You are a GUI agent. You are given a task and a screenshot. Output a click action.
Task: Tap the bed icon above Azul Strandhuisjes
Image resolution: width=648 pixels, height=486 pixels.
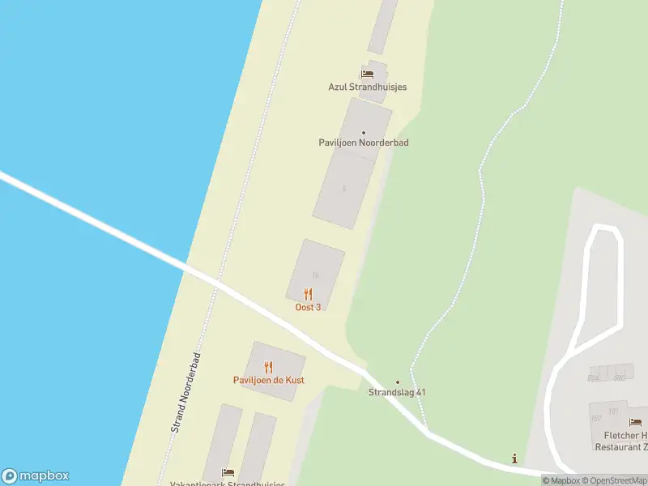coord(367,74)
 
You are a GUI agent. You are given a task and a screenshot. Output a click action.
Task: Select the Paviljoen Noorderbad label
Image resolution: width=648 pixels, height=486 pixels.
coord(363,143)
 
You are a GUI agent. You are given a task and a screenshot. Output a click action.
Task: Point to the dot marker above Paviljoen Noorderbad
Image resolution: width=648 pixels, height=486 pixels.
coord(363,132)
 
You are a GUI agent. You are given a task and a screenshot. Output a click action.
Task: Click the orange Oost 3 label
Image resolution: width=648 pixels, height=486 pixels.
coord(308,307)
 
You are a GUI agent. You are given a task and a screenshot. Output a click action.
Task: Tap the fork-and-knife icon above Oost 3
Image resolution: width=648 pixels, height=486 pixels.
coord(308,294)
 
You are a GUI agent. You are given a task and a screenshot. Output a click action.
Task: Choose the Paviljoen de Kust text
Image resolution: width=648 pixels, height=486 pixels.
coord(268,380)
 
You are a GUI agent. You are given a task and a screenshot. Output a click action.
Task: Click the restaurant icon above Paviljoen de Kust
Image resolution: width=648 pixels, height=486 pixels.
coord(268,367)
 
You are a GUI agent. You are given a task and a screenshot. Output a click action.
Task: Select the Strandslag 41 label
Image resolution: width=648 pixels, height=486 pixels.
coord(397,393)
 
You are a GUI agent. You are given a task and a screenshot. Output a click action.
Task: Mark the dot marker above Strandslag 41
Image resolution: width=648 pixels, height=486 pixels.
coord(397,382)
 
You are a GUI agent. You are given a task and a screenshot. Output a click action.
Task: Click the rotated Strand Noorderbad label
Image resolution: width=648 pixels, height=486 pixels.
coord(185,393)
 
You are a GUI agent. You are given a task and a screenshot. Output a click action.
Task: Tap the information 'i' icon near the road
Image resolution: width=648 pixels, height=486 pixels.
coord(514,459)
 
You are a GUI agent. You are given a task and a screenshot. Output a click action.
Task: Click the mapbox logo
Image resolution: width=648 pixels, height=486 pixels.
coord(35,476)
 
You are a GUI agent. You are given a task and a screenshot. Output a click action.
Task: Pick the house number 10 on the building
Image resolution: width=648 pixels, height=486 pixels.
coord(315,275)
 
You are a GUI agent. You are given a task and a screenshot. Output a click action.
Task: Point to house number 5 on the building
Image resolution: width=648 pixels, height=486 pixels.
coord(344,188)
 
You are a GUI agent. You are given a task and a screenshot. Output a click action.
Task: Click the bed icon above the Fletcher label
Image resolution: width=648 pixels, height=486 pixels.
coord(635,422)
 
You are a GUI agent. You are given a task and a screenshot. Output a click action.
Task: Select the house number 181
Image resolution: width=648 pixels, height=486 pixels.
coord(613,411)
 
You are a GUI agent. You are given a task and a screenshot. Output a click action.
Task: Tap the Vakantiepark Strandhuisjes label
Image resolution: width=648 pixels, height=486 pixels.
coord(227,484)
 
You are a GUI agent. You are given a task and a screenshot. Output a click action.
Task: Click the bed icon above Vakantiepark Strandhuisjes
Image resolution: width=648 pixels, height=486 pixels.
coord(228,472)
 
